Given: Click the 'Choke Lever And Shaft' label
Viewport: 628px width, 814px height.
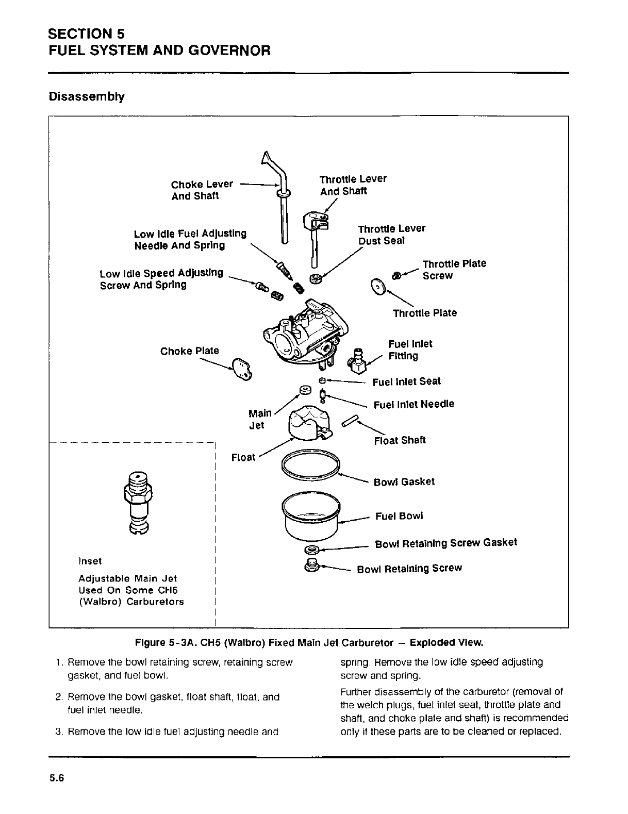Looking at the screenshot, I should tap(202, 190).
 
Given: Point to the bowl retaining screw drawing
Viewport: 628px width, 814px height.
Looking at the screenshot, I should tap(311, 564).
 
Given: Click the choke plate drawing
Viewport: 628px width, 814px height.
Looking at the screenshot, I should tap(241, 370).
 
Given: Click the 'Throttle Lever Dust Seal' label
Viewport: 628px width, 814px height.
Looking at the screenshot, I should tap(391, 235).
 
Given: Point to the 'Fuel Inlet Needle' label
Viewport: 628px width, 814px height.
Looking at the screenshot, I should tap(414, 404).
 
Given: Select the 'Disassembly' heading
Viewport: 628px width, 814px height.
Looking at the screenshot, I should tap(86, 96).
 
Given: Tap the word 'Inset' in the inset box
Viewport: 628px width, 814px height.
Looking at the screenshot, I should tap(90, 561).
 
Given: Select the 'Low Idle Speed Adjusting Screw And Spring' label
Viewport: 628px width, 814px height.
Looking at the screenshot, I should tap(161, 278).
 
